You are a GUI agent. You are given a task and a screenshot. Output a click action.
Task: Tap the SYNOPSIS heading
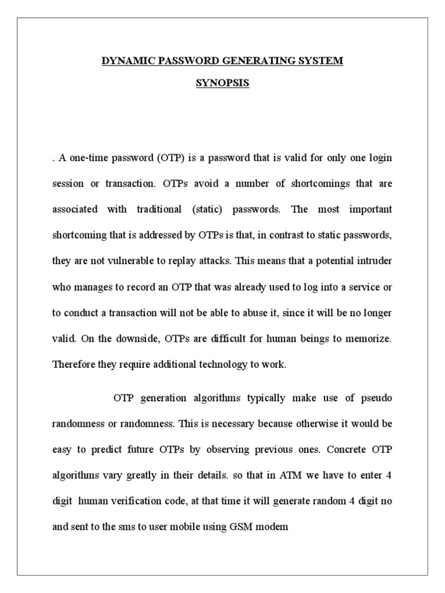coord(222,83)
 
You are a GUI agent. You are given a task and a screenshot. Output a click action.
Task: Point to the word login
coord(379,158)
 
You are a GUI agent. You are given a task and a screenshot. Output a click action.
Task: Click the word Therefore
coord(74,364)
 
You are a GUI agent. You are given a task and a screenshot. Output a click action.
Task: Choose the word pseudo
coord(375,398)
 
